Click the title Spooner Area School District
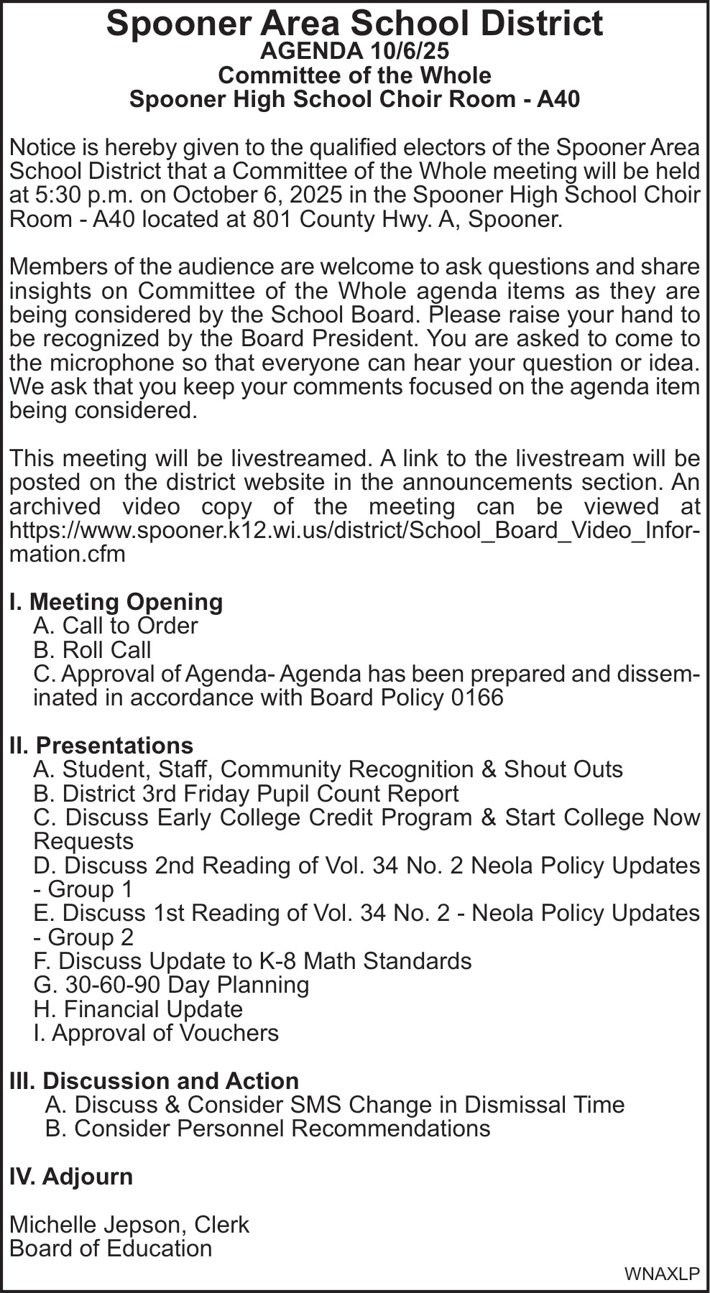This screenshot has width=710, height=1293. coord(354,24)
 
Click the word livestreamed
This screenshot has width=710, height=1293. coord(295,458)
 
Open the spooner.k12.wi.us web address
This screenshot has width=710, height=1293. coord(354,530)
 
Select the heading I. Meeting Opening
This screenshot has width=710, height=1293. coord(116,601)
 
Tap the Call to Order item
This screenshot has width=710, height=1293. coord(115,626)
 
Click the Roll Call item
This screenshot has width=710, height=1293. coord(92,649)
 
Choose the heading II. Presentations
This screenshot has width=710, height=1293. coord(101,745)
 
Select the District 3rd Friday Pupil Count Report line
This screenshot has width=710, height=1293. coord(246,793)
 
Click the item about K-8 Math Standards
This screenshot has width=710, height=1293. coord(252,960)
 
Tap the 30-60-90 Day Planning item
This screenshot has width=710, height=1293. coord(171,984)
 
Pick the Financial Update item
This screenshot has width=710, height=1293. coord(138,1009)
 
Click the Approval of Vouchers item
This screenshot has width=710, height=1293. coord(156,1032)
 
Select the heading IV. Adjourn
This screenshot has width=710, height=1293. coord(71,1176)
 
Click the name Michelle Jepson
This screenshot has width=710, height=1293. coord(98,1224)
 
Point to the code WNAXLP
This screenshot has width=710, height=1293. coord(662,1274)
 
